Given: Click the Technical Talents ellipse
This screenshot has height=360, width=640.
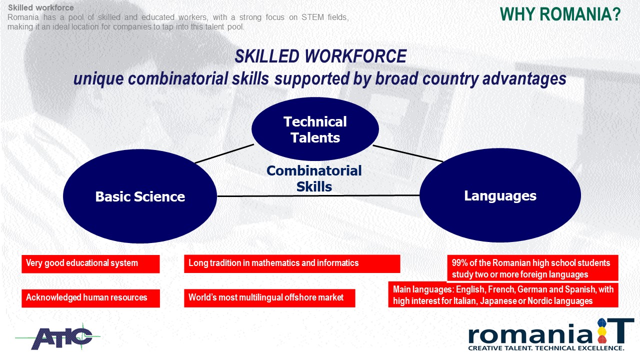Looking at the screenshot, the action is (x=315, y=129).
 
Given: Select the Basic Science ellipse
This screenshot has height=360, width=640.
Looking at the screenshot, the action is (x=140, y=196).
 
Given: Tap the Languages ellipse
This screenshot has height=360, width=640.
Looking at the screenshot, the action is (x=500, y=195).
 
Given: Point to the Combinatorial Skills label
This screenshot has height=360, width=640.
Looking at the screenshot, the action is (x=314, y=179).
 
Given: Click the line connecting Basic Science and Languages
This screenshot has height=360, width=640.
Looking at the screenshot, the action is (x=318, y=195).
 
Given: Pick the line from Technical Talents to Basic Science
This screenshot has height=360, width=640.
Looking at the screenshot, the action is (x=224, y=153).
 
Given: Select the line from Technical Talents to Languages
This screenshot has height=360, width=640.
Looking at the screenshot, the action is (x=408, y=153).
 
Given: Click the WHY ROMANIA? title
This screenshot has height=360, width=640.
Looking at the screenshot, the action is (x=560, y=14).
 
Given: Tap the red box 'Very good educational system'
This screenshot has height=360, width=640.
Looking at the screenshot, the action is (x=90, y=264).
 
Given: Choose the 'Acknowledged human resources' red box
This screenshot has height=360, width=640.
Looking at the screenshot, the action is (x=90, y=298).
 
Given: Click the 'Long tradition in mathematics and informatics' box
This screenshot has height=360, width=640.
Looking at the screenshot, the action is (x=292, y=263).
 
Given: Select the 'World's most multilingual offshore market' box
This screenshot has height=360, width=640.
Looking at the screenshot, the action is (x=269, y=298).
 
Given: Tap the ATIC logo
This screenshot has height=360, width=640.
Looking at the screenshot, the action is (x=58, y=337).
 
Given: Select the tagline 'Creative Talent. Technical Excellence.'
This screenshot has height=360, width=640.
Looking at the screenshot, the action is (x=546, y=348).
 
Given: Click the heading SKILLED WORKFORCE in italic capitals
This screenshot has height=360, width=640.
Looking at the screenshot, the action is (x=320, y=56).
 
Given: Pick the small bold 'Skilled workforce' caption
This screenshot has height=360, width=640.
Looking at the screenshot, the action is (x=41, y=7).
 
